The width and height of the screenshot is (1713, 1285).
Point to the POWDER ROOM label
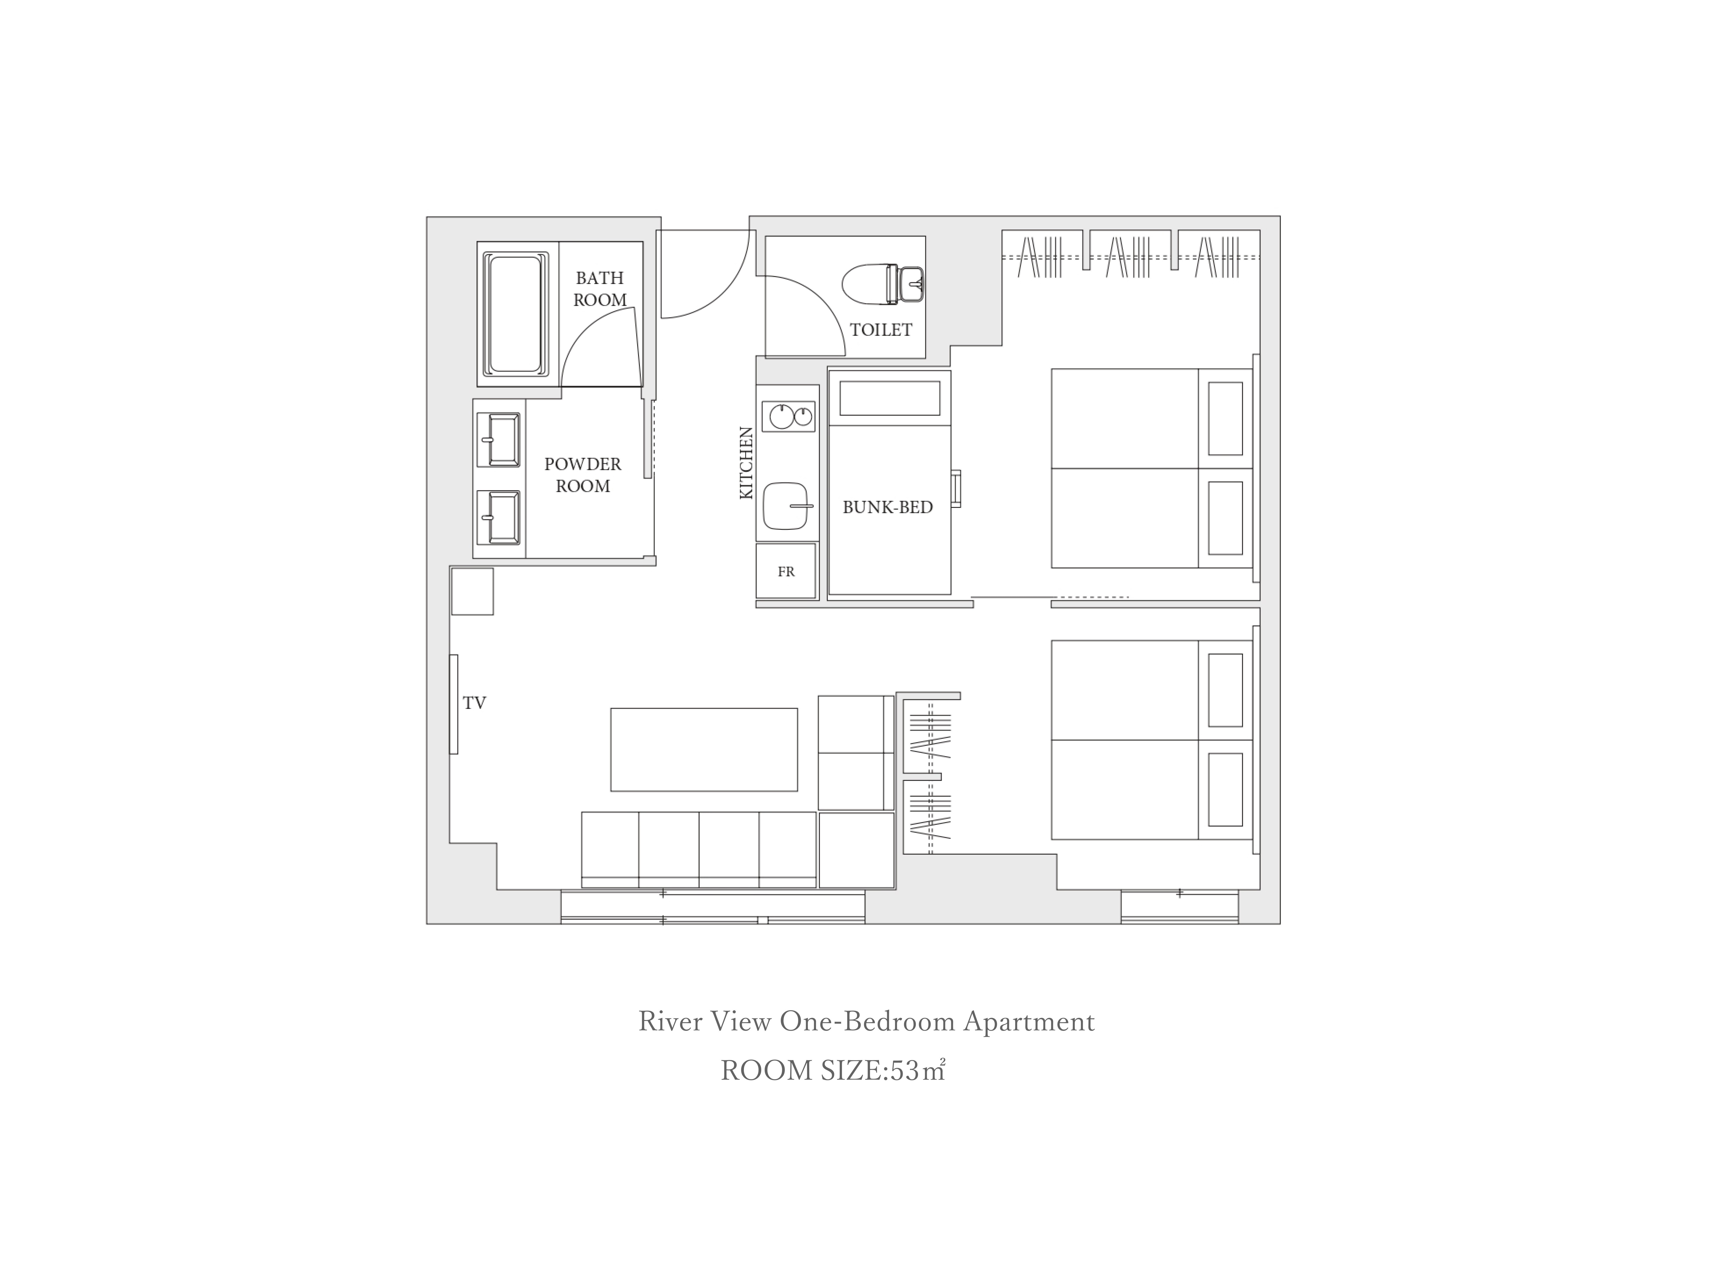583,475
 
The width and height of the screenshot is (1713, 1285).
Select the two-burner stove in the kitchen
788,417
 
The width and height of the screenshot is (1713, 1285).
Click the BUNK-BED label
888,507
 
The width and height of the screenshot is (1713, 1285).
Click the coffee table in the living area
704,750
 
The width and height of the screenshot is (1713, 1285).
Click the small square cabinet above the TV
472,592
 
